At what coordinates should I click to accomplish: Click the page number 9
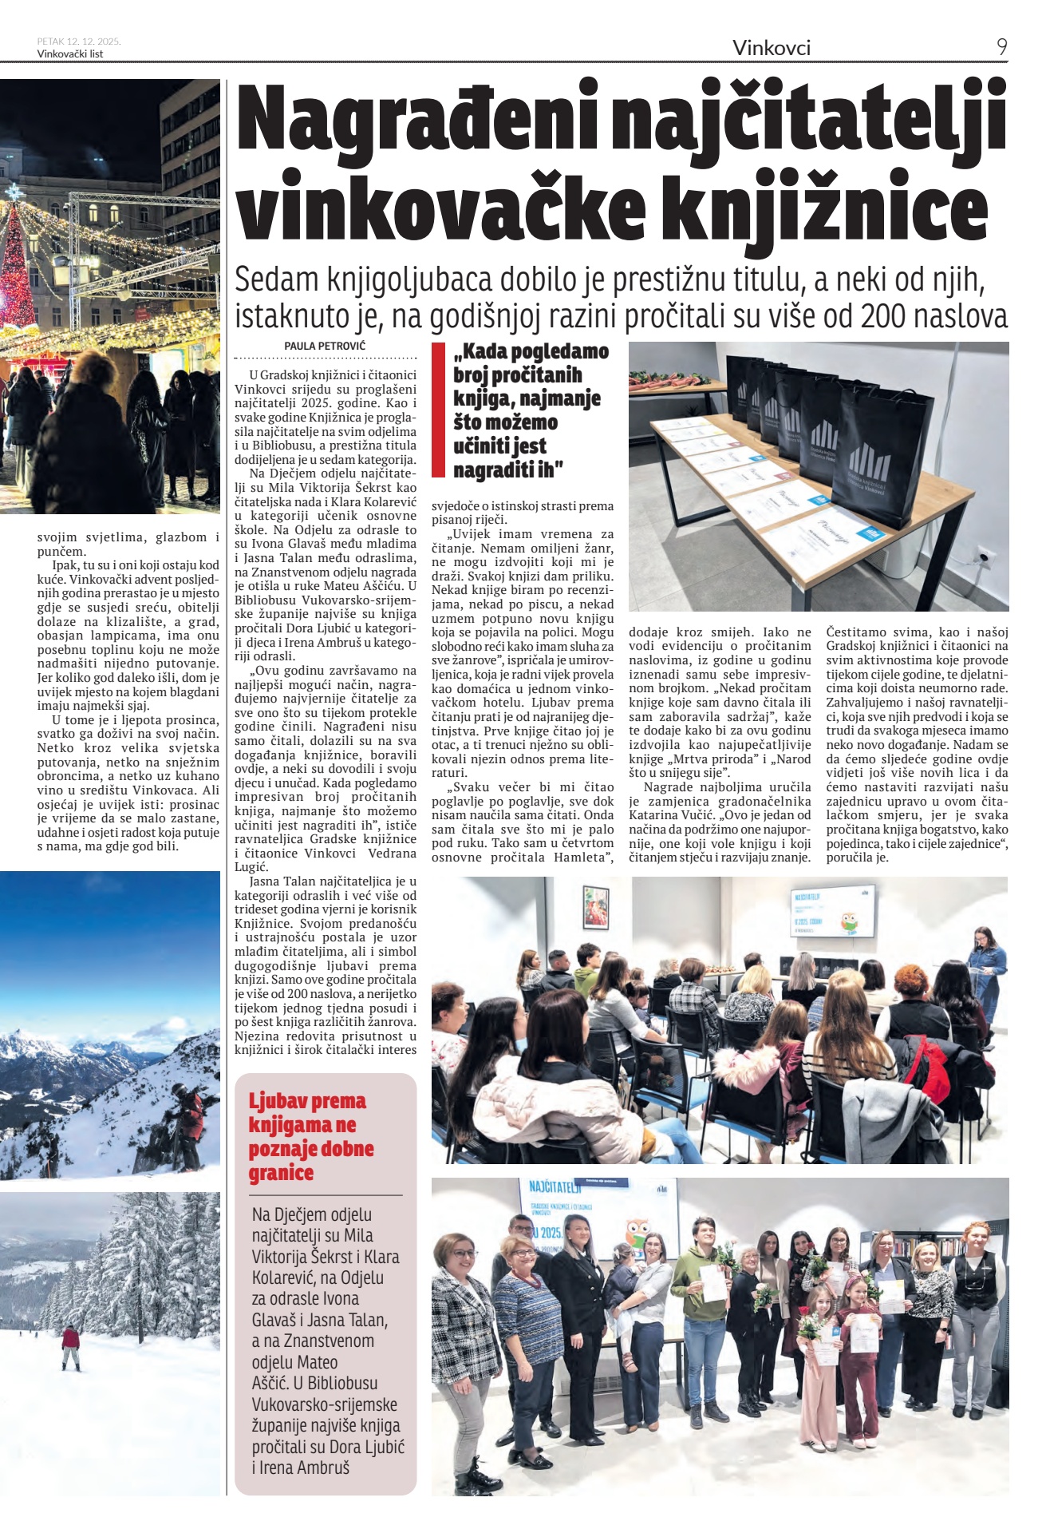[x=1001, y=47]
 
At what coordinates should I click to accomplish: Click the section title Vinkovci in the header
[x=771, y=48]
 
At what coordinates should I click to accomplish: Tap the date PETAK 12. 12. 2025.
[x=78, y=42]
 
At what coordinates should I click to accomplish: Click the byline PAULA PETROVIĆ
[x=325, y=347]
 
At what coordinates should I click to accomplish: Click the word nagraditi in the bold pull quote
[x=494, y=470]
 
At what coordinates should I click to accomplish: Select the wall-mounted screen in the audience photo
[x=831, y=909]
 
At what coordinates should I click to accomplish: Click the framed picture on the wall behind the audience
[x=595, y=909]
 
